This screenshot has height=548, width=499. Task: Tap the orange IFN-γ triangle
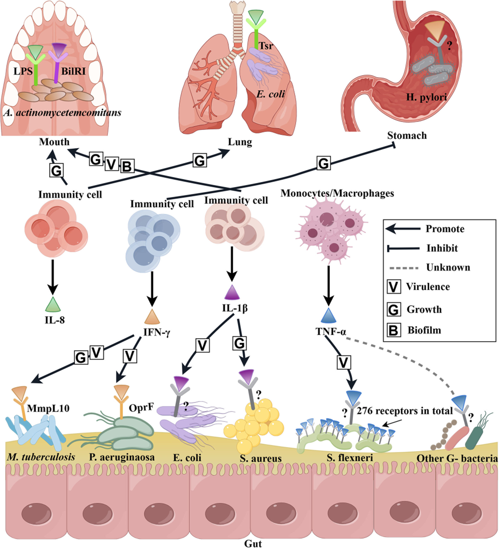(x=152, y=317)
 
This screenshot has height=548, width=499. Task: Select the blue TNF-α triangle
(x=327, y=315)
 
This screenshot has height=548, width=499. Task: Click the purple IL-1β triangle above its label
(x=231, y=292)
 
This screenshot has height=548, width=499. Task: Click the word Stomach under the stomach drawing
(x=407, y=135)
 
